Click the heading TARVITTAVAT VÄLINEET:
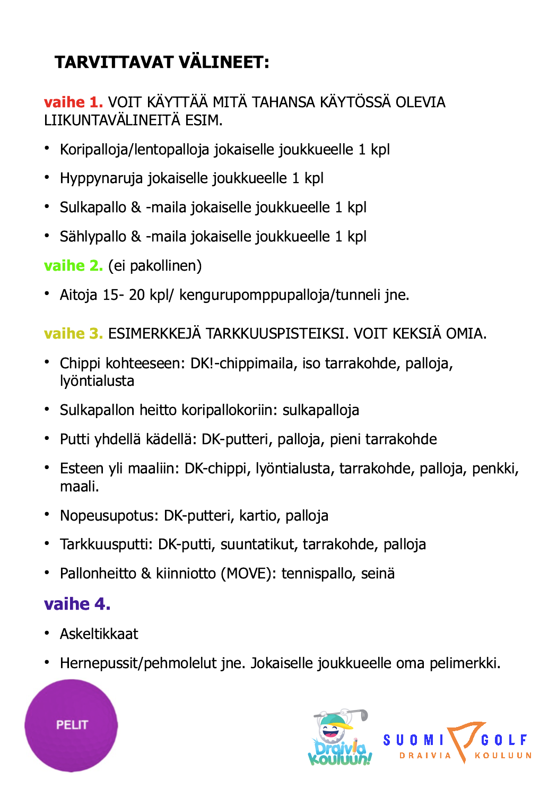coord(162,62)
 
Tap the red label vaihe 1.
coord(73,102)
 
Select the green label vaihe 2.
coord(73,265)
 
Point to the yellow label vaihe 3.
coord(73,333)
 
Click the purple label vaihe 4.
coord(77,604)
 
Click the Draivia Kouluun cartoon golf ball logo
coord(340,738)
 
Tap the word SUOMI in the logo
coord(414,740)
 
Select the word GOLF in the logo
coord(504,740)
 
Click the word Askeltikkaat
coord(99,634)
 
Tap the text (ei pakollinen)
coord(155,265)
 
